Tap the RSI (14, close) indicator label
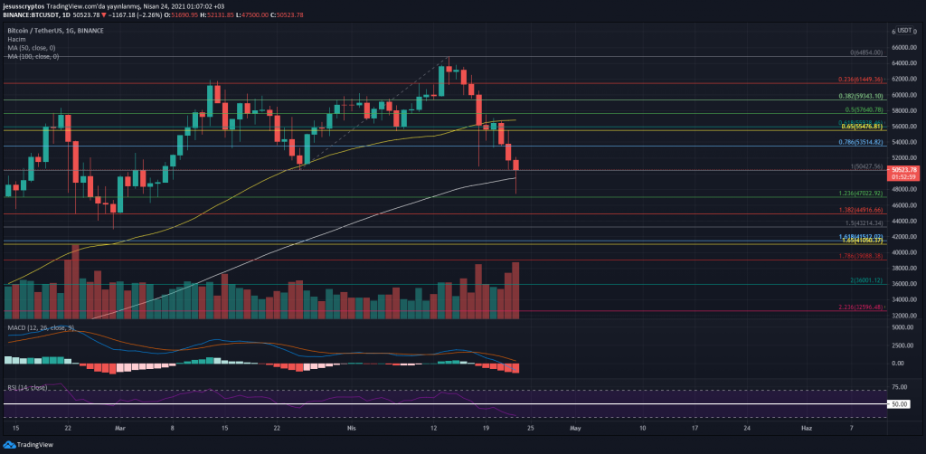point(29,387)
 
